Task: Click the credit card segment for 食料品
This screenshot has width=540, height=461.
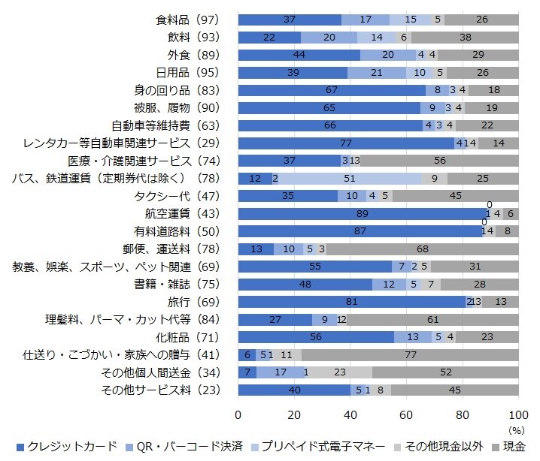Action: tap(290, 20)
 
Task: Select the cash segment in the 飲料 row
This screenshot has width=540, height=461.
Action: tap(465, 37)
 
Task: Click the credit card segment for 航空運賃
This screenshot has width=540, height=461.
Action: tap(363, 213)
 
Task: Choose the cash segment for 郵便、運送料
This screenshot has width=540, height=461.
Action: tap(423, 249)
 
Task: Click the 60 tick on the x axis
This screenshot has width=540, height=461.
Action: tap(406, 415)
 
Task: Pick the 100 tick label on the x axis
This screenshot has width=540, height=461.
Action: tap(517, 415)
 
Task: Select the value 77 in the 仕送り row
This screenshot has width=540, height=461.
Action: tap(410, 354)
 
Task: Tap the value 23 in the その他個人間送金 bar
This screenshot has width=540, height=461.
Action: tap(339, 372)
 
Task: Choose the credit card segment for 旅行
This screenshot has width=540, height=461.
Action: tap(351, 302)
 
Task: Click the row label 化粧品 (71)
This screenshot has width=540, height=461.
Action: tap(185, 337)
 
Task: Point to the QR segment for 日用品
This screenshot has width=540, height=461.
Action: tap(377, 72)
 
